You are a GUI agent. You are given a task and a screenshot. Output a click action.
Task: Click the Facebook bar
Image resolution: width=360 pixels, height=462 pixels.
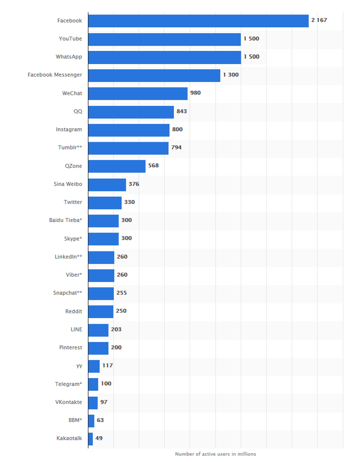click(x=198, y=21)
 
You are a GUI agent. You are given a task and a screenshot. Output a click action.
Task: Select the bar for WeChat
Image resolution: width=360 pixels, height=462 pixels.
click(x=138, y=94)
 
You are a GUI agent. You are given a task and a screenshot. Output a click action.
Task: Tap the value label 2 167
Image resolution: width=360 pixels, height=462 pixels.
click(x=319, y=20)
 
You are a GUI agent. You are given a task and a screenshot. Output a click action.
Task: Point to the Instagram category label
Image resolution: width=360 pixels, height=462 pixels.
click(x=69, y=130)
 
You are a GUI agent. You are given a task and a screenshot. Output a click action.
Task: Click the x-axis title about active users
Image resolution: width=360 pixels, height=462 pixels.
click(x=215, y=454)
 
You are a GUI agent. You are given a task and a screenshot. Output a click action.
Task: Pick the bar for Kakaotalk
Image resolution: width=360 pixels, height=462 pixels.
click(x=90, y=438)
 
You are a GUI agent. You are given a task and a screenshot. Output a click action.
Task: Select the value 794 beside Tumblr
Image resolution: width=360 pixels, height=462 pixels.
click(x=176, y=147)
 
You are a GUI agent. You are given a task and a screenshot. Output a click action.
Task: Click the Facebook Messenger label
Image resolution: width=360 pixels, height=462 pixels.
click(x=55, y=75)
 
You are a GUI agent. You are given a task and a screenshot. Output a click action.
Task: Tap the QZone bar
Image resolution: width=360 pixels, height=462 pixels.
click(x=117, y=166)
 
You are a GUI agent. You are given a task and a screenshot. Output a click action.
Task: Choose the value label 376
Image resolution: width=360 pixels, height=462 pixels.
click(x=134, y=184)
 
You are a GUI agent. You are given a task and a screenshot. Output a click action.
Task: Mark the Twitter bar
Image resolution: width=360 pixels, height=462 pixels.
click(x=105, y=202)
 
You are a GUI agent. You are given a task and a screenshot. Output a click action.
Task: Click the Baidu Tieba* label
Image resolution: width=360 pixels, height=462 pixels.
click(x=65, y=221)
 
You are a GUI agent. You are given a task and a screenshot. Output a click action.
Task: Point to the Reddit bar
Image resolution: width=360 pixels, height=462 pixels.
click(x=101, y=311)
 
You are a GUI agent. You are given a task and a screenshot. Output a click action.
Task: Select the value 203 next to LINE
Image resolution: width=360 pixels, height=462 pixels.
click(x=116, y=329)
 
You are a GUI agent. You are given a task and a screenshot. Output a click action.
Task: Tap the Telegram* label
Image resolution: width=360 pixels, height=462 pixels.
click(x=69, y=384)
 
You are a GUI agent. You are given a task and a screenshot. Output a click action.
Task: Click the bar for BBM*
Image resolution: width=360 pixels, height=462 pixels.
click(x=91, y=420)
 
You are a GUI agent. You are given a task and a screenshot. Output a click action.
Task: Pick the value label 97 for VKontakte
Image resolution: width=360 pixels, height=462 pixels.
click(x=104, y=402)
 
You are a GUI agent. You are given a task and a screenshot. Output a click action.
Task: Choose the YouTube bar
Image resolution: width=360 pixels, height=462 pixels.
click(x=164, y=39)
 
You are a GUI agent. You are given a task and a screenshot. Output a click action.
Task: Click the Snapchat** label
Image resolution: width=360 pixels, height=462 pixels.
click(x=67, y=293)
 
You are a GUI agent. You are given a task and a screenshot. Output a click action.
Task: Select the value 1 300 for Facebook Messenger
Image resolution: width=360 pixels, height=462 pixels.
click(x=231, y=75)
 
